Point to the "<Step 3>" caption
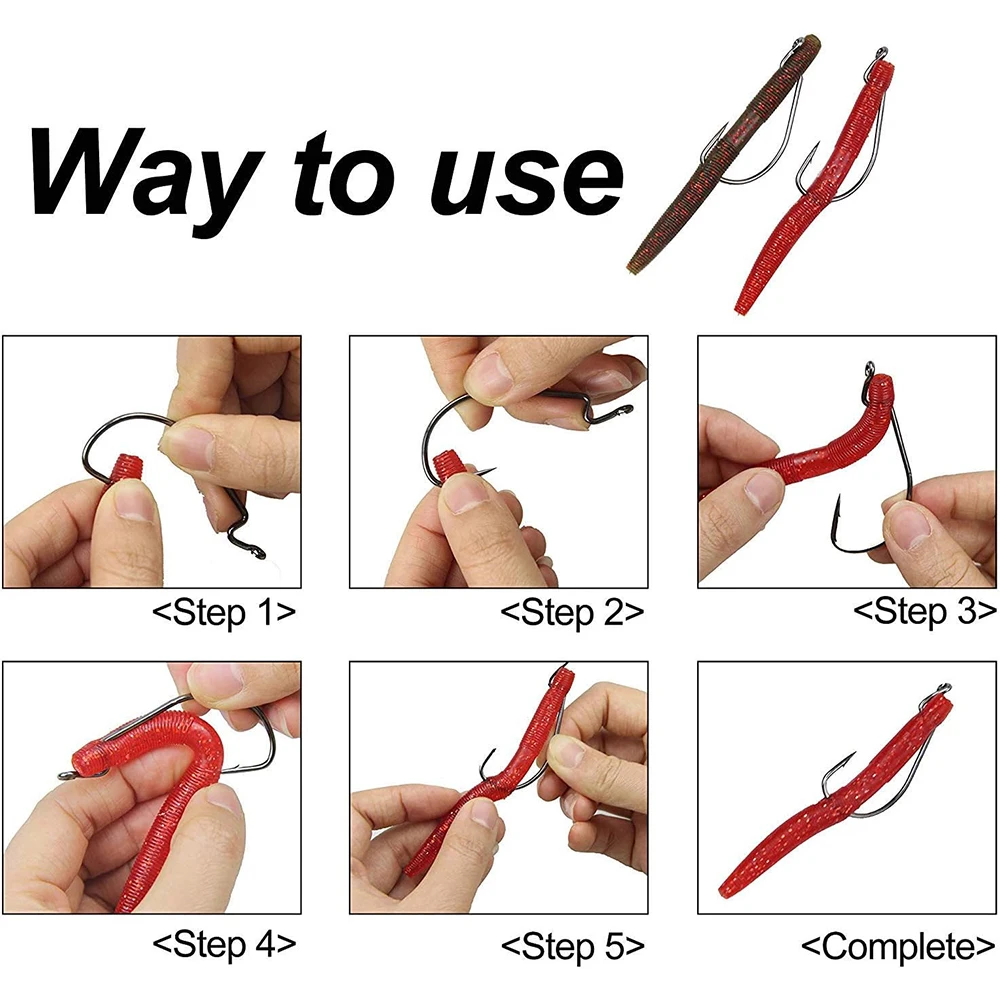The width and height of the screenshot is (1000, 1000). click(925, 612)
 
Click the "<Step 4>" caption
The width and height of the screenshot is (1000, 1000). click(224, 945)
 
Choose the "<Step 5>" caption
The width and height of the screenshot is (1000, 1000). click(573, 946)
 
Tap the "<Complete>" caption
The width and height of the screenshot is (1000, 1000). click(899, 946)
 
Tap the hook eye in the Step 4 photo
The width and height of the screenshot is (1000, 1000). click(66, 775)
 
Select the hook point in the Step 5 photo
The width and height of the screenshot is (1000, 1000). click(492, 753)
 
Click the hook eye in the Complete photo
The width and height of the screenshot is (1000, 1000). click(944, 688)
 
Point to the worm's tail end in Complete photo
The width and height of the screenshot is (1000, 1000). click(726, 891)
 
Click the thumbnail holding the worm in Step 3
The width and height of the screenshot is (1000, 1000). click(763, 490)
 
